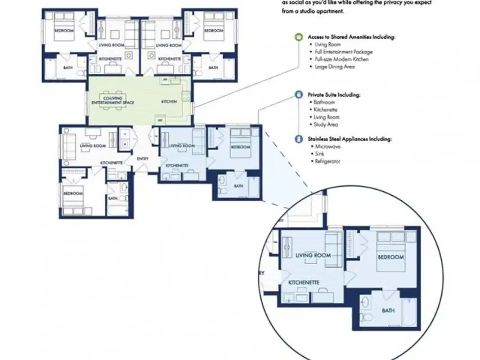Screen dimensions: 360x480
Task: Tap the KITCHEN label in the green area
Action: tap(166, 102)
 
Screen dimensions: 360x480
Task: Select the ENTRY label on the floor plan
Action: tap(142, 158)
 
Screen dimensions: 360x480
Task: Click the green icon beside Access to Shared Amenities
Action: tap(298, 37)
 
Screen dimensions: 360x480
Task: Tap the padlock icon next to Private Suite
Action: tap(298, 95)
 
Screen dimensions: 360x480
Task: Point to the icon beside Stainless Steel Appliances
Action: tap(298, 139)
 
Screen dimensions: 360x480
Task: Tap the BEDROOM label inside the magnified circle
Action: tap(390, 257)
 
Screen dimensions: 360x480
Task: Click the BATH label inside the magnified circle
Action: tap(388, 310)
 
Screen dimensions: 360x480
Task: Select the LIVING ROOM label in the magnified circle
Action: tap(313, 256)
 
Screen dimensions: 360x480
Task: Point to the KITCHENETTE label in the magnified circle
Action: tap(304, 282)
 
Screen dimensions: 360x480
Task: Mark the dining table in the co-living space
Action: tap(112, 100)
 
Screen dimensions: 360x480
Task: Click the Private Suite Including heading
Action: tap(334, 95)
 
